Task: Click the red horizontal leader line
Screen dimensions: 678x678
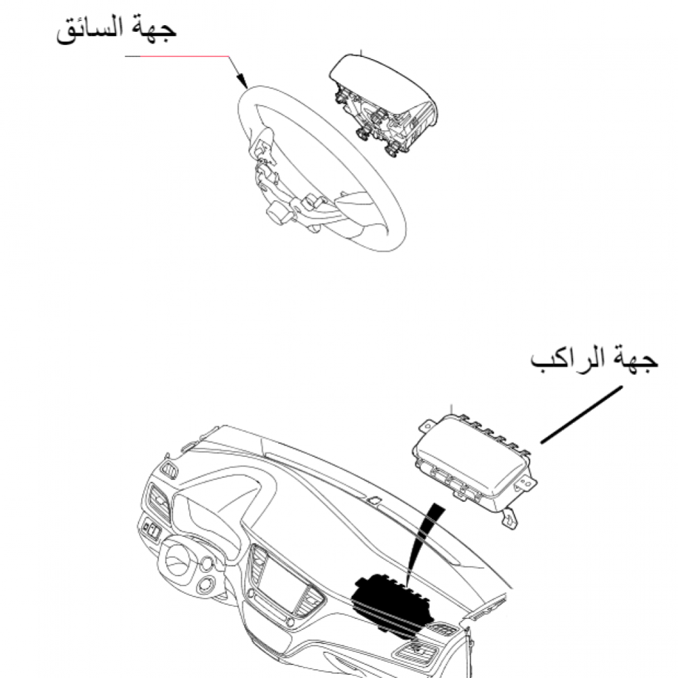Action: [184, 56]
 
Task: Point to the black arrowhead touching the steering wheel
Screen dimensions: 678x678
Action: [241, 81]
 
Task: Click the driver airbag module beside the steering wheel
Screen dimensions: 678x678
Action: [383, 104]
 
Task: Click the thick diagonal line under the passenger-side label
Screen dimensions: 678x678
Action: [582, 415]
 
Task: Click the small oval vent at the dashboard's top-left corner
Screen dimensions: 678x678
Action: [169, 470]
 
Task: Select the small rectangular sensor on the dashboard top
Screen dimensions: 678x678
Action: [374, 500]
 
